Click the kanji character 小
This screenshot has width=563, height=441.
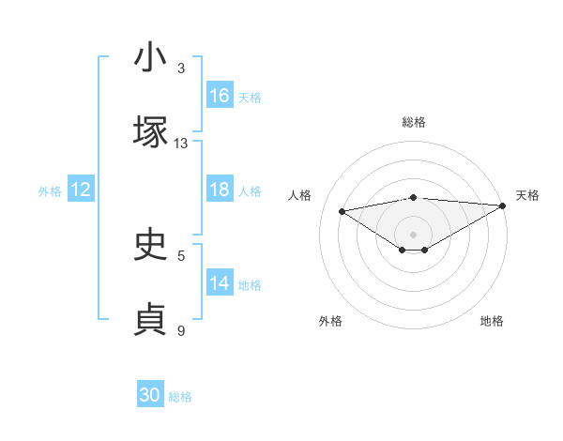[151, 57]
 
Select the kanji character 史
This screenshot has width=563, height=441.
[151, 245]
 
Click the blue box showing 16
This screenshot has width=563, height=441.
[220, 96]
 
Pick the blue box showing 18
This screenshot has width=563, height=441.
[220, 190]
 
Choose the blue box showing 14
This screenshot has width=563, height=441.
[220, 283]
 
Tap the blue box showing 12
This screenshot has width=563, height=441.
[81, 190]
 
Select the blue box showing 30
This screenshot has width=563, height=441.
[150, 395]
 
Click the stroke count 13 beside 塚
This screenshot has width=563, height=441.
[181, 144]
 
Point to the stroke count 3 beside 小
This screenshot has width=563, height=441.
[181, 68]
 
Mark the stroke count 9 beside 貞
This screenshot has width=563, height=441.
[181, 331]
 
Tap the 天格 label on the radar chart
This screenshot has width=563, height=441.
[527, 195]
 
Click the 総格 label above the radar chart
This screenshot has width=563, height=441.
[414, 122]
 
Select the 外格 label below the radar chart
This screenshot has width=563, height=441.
[330, 321]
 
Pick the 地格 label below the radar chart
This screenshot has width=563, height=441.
[492, 321]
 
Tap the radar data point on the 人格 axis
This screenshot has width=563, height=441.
[342, 210]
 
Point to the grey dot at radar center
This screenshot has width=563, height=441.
[414, 234]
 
